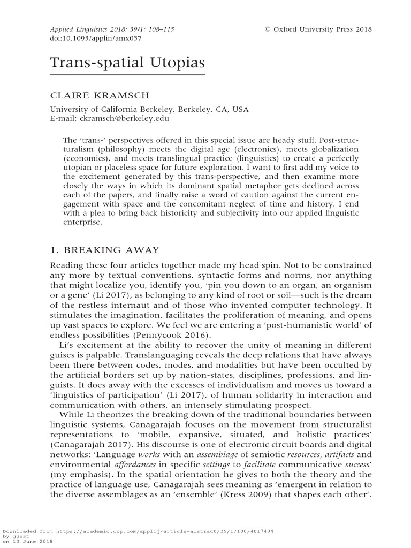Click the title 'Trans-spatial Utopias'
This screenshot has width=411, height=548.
128,63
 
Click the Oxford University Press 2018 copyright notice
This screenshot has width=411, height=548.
318,29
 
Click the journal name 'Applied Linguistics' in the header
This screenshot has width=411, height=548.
76,29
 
